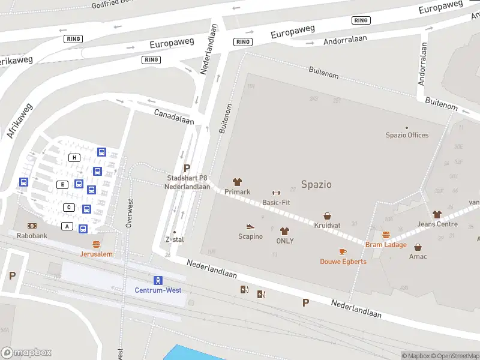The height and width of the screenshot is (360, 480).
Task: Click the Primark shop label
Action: [237, 192]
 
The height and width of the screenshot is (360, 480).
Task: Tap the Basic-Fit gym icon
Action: [276, 193]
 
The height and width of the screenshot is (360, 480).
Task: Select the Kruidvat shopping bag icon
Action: [328, 216]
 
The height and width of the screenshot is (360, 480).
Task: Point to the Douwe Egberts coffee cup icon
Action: [343, 251]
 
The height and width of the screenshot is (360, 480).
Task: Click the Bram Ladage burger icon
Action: [386, 235]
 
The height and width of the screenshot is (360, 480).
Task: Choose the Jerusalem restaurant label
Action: [96, 254]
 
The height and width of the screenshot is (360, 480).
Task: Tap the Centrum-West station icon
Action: [158, 280]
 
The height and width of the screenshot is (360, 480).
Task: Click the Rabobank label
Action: [32, 236]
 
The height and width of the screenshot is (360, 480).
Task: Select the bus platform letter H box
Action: [74, 158]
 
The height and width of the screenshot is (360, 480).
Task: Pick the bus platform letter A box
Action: [67, 226]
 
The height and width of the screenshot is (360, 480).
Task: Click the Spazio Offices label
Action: [407, 135]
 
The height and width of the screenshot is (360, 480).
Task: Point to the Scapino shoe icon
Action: [250, 227]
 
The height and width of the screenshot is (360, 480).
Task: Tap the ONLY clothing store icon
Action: [284, 231]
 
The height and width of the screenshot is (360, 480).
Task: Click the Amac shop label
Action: [418, 257]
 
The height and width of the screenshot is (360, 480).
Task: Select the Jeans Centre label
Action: [437, 224]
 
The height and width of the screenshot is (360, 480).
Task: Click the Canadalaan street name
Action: [174, 116]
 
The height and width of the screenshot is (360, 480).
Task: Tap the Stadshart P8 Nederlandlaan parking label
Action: [187, 182]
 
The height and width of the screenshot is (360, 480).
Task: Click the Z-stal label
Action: [174, 239]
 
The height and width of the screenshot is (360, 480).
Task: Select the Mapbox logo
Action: [26, 353]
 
